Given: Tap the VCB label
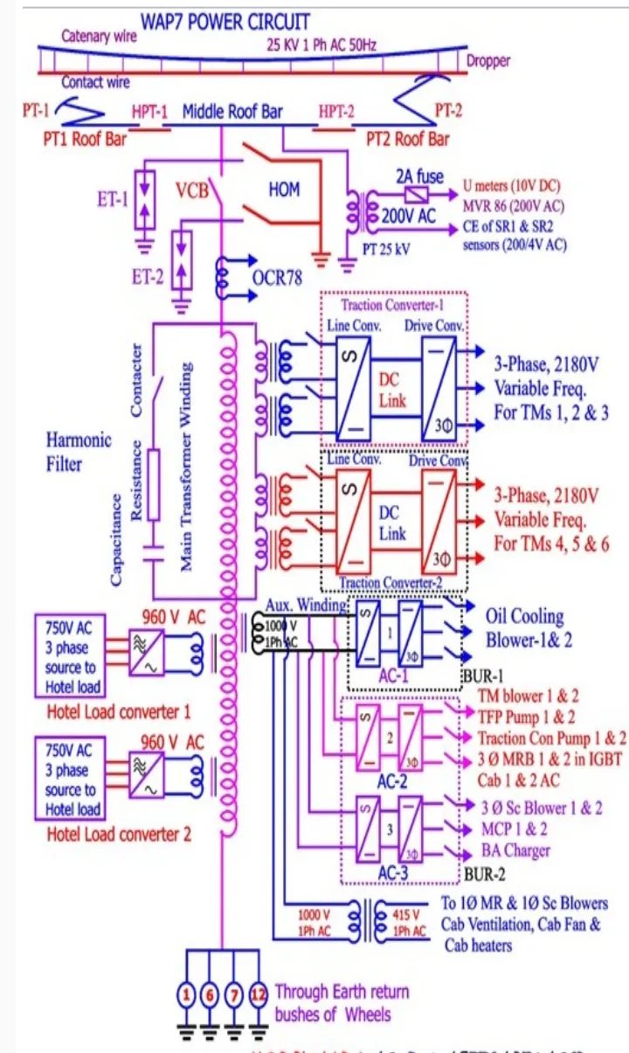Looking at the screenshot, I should [191, 189].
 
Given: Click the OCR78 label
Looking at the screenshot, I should [277, 279].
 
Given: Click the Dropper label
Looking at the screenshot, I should [488, 62].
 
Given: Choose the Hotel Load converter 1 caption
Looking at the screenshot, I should [118, 710].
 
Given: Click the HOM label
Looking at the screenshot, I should [284, 189].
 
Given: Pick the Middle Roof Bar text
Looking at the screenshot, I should [231, 112].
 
